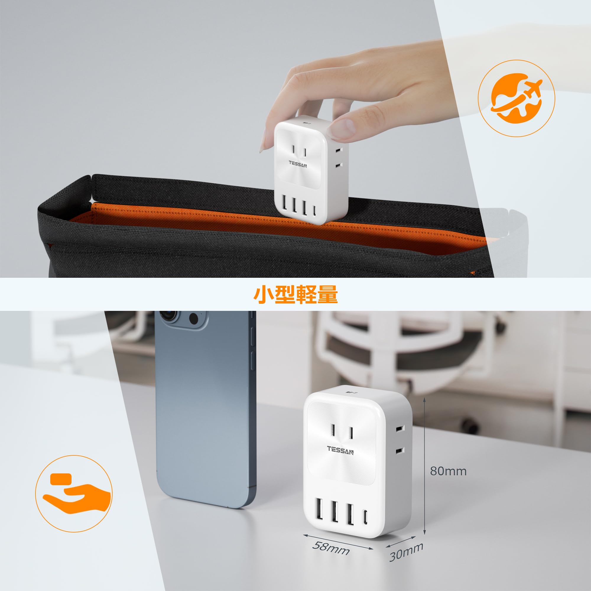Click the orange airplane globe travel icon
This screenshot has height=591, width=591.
click(516, 98)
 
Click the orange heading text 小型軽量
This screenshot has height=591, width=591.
click(295, 294)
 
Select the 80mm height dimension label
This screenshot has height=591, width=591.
click(448, 471)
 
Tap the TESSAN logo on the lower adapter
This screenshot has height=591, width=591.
click(340, 450)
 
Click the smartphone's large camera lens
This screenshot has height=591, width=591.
click(169, 316)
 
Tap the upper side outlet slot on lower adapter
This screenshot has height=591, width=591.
click(400, 429)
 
